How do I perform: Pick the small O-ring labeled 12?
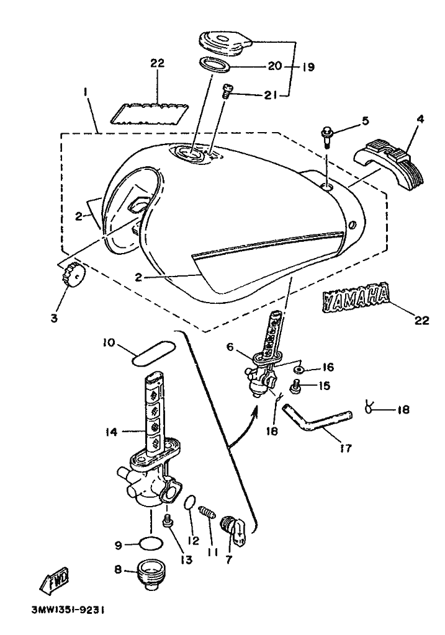(x=191, y=501)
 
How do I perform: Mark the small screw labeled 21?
(x=227, y=93)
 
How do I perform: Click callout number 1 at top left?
(x=86, y=92)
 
